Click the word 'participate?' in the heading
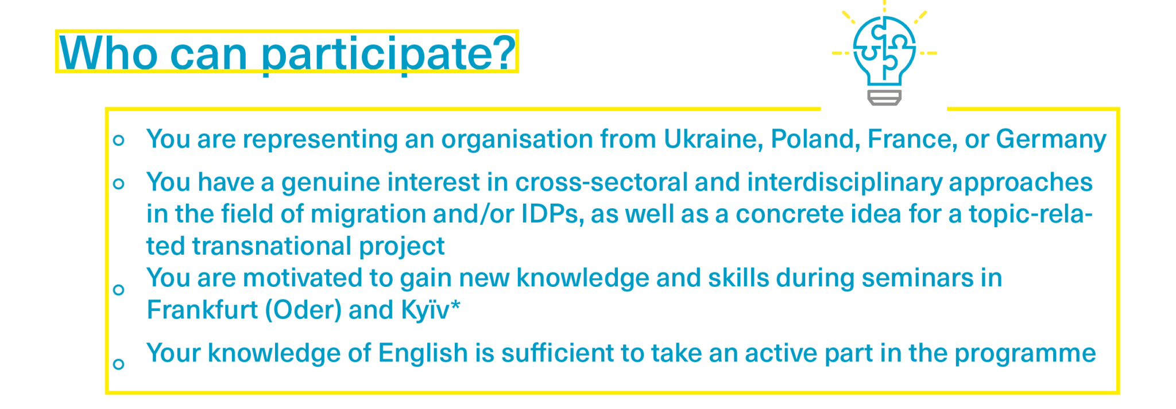(x=389, y=55)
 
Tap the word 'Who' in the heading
(x=109, y=53)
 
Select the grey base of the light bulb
(x=884, y=98)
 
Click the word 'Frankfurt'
(x=202, y=310)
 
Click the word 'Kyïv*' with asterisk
(x=431, y=310)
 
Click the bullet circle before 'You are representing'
(x=119, y=140)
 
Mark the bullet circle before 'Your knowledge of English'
(x=119, y=364)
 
